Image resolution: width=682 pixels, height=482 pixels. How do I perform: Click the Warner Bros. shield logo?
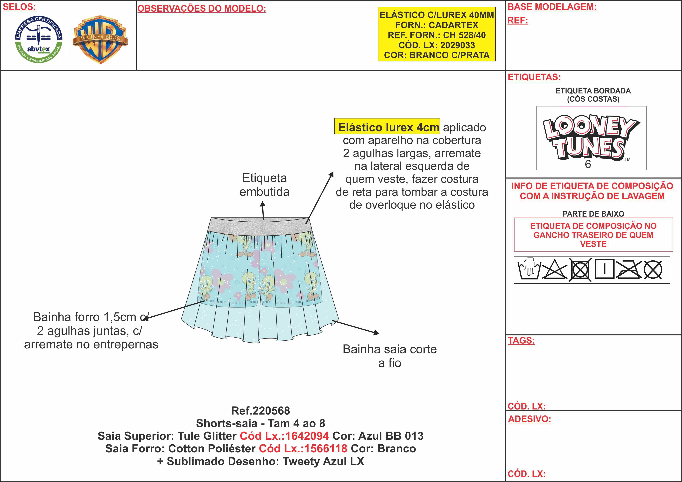tap(100, 40)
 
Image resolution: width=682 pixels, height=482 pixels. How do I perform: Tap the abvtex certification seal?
tap(39, 40)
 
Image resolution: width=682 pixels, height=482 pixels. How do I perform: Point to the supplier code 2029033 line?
tap(437, 45)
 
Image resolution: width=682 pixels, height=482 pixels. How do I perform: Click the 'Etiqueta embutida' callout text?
tap(264, 185)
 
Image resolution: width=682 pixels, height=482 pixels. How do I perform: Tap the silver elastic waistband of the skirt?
tap(260, 225)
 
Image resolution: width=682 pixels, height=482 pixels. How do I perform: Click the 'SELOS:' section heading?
tap(19, 7)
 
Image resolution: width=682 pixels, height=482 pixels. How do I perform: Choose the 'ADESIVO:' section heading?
tap(529, 419)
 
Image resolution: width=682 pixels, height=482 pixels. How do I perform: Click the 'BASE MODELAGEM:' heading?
tap(552, 7)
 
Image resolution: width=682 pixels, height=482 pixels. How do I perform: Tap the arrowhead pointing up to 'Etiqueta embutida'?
tap(263, 204)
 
